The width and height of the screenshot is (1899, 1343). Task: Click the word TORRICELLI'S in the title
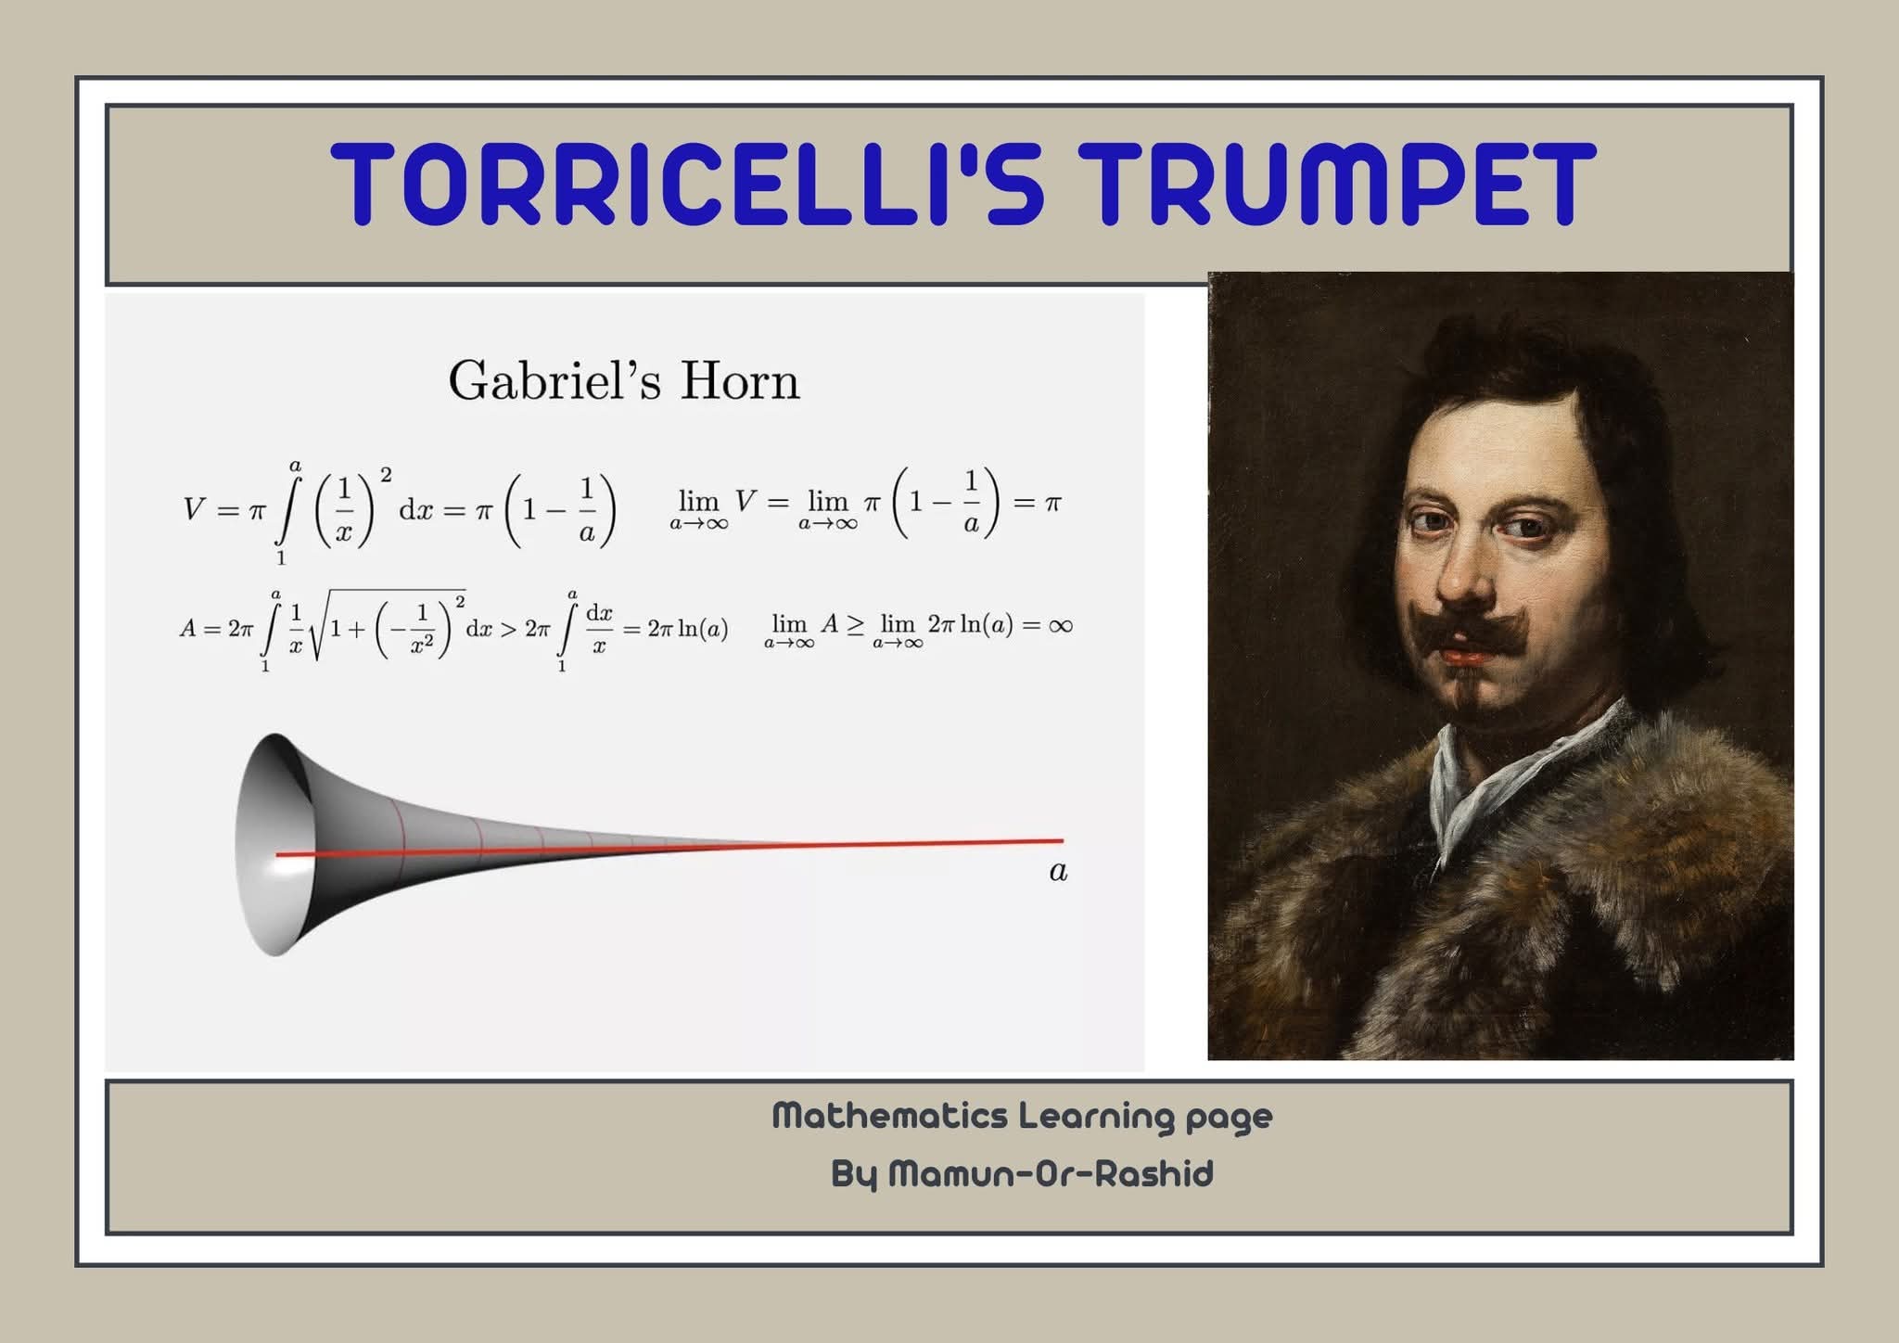pos(687,183)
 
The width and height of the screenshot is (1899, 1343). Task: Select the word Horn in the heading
pos(739,381)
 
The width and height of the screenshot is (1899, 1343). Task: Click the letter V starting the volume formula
pos(194,509)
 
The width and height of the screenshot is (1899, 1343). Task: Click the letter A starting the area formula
pos(188,629)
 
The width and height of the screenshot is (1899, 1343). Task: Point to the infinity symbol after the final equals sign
pos(1060,626)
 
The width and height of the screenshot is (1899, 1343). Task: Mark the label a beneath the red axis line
pos(1058,872)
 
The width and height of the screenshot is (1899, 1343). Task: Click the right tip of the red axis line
pos(1063,841)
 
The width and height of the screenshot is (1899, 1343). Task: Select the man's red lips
pos(1465,657)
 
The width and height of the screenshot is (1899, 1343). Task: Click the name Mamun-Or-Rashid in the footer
pos(1051,1174)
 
